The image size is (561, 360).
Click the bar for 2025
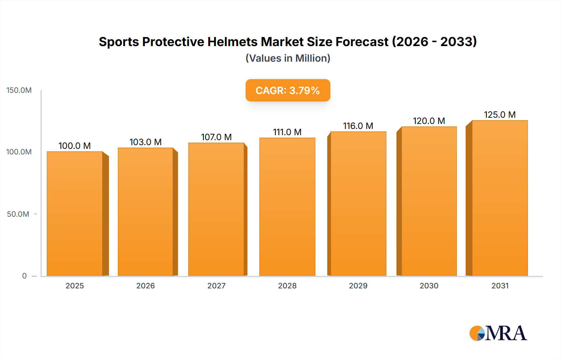pos(75,214)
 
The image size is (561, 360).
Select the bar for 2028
pos(287,207)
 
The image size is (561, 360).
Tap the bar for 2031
pos(500,198)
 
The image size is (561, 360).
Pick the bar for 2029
pos(358,204)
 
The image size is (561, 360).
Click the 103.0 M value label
pos(146,142)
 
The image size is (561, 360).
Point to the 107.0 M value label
pos(216,137)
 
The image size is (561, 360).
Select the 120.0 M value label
pos(429,121)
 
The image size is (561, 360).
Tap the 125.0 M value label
pos(500,115)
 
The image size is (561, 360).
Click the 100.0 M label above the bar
pos(74,146)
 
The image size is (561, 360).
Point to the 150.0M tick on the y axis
pos(19,90)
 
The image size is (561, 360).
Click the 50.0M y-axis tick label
pos(18,214)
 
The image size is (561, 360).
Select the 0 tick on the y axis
pos(24,276)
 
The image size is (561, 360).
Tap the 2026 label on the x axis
pos(146,286)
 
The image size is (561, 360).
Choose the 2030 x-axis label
pos(429,286)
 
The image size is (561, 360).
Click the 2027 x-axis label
pos(216,286)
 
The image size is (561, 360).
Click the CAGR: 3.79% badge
pos(288,90)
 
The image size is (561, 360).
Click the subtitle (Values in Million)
pos(288,58)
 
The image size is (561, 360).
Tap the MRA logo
pos(498,333)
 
